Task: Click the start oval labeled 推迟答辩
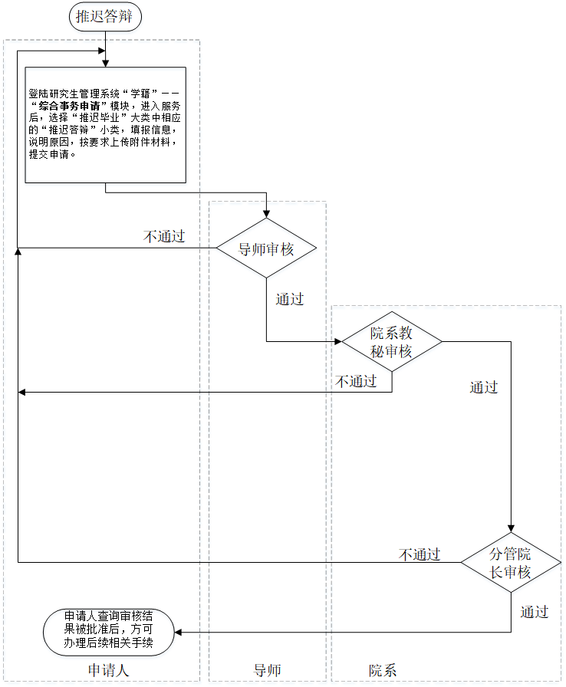pyautogui.click(x=106, y=16)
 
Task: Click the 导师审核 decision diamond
pyautogui.click(x=266, y=248)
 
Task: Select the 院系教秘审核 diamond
pyautogui.click(x=392, y=342)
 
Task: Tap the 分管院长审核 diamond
pyautogui.click(x=511, y=563)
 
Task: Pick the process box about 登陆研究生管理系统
pyautogui.click(x=106, y=124)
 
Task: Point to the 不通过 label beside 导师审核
pyautogui.click(x=164, y=236)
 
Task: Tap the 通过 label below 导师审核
pyautogui.click(x=290, y=299)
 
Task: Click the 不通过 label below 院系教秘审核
pyautogui.click(x=356, y=381)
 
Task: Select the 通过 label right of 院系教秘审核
pyautogui.click(x=484, y=387)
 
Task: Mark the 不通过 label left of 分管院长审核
pyautogui.click(x=420, y=554)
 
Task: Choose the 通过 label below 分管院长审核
pyautogui.click(x=535, y=612)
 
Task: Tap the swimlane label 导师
pyautogui.click(x=267, y=670)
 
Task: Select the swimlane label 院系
pyautogui.click(x=383, y=670)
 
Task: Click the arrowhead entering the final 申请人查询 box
pyautogui.click(x=178, y=633)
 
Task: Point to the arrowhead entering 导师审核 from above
pyautogui.click(x=266, y=214)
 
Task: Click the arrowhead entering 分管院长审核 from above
pyautogui.click(x=511, y=528)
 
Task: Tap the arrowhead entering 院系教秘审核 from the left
pyautogui.click(x=337, y=342)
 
